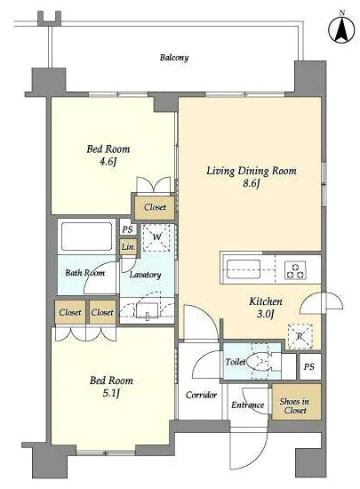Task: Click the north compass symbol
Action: (341, 29)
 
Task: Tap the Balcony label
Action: (174, 58)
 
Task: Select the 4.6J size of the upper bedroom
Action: (108, 162)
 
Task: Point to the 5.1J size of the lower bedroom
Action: (111, 394)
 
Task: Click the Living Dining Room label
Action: (252, 171)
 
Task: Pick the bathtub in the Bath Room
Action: (86, 236)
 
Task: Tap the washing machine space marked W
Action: (156, 237)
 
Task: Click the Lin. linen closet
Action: (128, 246)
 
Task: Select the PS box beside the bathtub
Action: (127, 229)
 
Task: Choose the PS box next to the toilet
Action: (309, 366)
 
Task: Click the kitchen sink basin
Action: (244, 269)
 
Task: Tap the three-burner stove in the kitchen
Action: (295, 270)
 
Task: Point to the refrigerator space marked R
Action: (300, 336)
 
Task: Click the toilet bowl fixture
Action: (260, 362)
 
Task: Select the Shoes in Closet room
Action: (296, 402)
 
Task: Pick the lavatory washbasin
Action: (148, 310)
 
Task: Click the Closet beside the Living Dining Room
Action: (155, 207)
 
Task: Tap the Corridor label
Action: (201, 395)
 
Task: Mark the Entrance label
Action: (247, 405)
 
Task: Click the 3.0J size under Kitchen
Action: (265, 314)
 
